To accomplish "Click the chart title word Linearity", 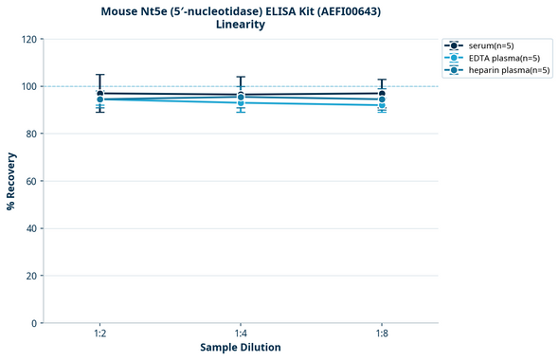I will pyautogui.click(x=240, y=25).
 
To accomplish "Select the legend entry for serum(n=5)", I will pyautogui.click(x=490, y=45).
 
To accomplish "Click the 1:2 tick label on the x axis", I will pyautogui.click(x=99, y=333).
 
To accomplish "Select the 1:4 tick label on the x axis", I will pyautogui.click(x=241, y=333).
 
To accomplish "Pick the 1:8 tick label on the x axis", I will pyautogui.click(x=382, y=333).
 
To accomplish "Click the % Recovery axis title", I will pyautogui.click(x=11, y=180).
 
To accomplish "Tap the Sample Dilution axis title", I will pyautogui.click(x=241, y=348).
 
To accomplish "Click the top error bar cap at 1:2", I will pyautogui.click(x=99, y=75).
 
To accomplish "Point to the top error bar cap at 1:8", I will pyautogui.click(x=382, y=80).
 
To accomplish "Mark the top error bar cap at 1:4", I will pyautogui.click(x=241, y=78).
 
